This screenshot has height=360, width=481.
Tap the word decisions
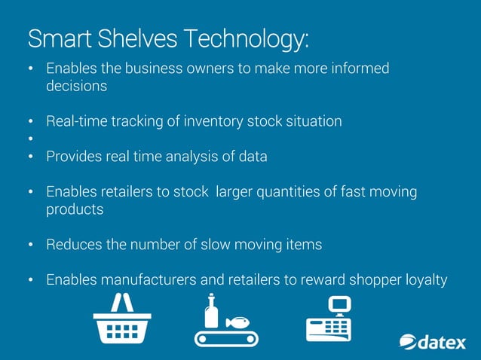(x=77, y=86)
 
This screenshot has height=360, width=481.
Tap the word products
(x=75, y=209)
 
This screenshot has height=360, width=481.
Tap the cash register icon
(x=329, y=319)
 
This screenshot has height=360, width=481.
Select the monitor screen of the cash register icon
(x=341, y=304)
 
